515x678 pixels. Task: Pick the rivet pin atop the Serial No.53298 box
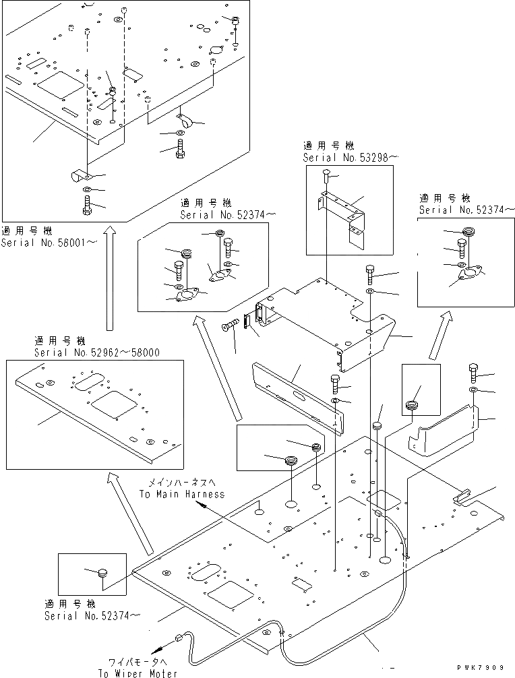(326, 176)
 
